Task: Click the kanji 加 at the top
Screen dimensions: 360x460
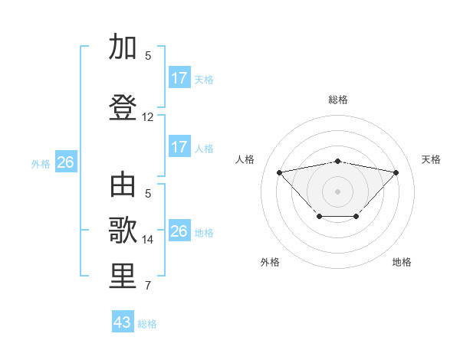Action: coord(122,47)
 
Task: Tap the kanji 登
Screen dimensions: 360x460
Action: coord(122,107)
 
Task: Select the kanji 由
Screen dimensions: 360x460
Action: coord(122,185)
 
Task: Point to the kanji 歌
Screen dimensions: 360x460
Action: coord(122,231)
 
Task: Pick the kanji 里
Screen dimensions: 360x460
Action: coord(122,277)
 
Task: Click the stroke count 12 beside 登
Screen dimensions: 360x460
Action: coord(148,117)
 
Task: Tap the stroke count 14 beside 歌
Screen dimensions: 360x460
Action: coord(148,240)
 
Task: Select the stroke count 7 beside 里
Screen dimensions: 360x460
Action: coord(148,286)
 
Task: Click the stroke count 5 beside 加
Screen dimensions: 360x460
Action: coord(148,56)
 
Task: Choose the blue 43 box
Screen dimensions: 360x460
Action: coord(123,322)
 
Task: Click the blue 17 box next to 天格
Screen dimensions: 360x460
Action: coord(179,78)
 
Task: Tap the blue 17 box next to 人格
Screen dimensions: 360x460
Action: coord(179,147)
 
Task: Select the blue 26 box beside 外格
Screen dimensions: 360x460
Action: coord(65,162)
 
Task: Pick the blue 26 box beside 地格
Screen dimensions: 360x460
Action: coord(179,231)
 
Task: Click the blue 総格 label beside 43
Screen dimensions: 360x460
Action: coord(147,324)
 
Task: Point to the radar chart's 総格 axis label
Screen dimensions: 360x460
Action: coord(337,100)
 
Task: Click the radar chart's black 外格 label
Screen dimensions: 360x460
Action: coord(270,262)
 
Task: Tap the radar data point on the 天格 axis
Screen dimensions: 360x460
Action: coord(396,172)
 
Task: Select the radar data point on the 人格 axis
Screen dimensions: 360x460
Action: coord(279,172)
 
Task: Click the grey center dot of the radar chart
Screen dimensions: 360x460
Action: coord(337,191)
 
